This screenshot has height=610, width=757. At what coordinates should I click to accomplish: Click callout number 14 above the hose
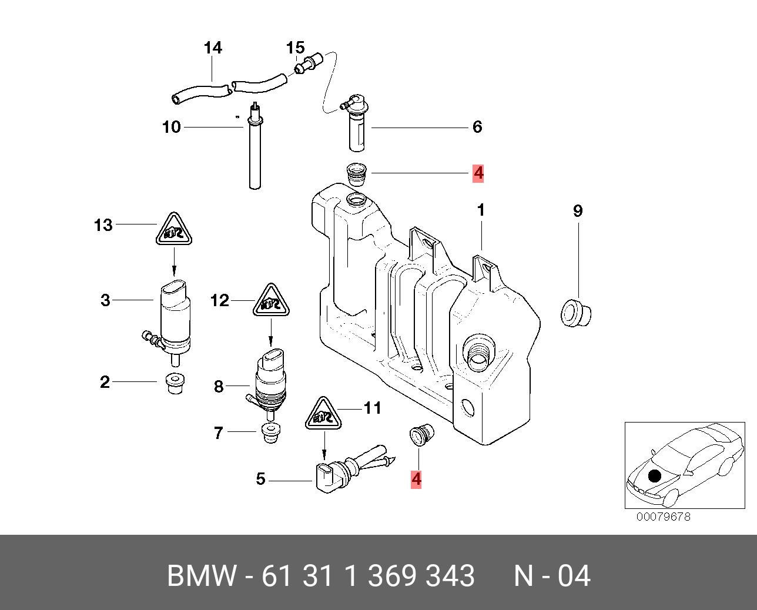(x=213, y=48)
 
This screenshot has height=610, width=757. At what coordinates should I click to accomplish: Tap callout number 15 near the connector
(x=296, y=47)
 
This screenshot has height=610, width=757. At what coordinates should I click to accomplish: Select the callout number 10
(x=172, y=127)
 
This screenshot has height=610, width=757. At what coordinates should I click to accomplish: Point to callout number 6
(x=477, y=127)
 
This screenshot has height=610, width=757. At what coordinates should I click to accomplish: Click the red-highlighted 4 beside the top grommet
(x=478, y=173)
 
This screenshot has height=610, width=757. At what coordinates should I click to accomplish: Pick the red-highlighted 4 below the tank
(x=416, y=480)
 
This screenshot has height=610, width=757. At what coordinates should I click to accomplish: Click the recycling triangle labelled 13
(x=175, y=231)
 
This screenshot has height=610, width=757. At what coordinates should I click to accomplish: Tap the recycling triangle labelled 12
(x=271, y=303)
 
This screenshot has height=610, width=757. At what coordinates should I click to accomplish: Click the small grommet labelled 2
(x=173, y=384)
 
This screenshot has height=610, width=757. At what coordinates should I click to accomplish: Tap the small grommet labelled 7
(x=270, y=433)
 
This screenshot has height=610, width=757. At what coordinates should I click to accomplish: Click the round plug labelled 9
(x=575, y=311)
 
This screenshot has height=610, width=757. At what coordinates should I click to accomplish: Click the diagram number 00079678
(x=663, y=517)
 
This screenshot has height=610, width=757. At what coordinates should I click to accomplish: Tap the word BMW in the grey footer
(x=202, y=576)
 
